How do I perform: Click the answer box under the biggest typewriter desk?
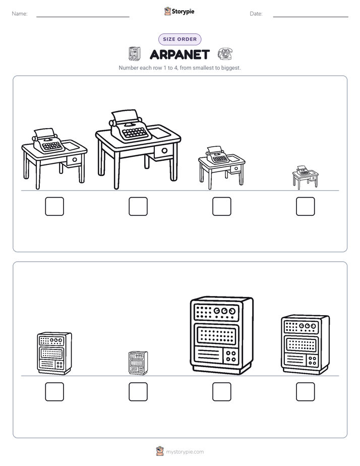coord(138,206)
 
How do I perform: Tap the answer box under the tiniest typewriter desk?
coord(306,206)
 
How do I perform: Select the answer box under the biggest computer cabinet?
coord(222,392)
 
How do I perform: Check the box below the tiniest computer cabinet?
coord(138,392)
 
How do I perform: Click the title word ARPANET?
coord(179,54)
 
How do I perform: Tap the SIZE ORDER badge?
coord(179,39)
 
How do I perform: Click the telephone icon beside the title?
coord(225,54)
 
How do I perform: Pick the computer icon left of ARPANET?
coord(134,53)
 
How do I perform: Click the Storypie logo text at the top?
coord(183,12)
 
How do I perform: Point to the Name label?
coord(20,14)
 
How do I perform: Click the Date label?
coord(256,14)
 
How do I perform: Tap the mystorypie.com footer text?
coord(185,452)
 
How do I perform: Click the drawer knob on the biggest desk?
coord(164,151)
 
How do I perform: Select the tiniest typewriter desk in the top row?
coord(306,178)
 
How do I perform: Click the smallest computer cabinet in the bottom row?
coord(138,363)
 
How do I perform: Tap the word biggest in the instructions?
coord(230,68)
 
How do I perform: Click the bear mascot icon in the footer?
coord(160,451)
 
